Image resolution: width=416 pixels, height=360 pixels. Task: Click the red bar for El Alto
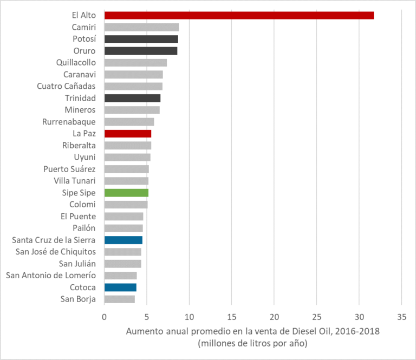[x=238, y=15]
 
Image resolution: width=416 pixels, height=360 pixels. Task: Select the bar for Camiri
[x=141, y=27]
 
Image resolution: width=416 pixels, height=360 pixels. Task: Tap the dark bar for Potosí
[x=141, y=39]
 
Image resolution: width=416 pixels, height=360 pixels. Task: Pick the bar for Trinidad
[x=132, y=98]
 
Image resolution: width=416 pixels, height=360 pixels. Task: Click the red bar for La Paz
[x=128, y=133]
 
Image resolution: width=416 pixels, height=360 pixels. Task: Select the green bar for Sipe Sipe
[x=126, y=193]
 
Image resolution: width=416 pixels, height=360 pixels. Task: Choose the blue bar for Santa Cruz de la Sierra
[x=123, y=240]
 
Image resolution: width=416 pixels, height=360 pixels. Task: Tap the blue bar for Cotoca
[x=120, y=287]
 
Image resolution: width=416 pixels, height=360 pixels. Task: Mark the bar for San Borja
[x=119, y=299]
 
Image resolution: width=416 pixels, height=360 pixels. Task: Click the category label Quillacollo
[x=76, y=62]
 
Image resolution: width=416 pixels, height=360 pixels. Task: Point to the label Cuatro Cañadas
[x=66, y=86]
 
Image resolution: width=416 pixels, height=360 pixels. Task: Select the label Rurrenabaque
[x=69, y=122]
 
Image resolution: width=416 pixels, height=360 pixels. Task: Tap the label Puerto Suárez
[x=69, y=169]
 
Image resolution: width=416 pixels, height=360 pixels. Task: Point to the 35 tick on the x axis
[x=401, y=316]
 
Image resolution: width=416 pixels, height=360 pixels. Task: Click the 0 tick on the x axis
[x=104, y=316]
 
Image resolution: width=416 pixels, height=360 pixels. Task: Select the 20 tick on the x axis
[x=274, y=316]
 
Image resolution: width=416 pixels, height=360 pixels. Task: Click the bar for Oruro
[x=141, y=51]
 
